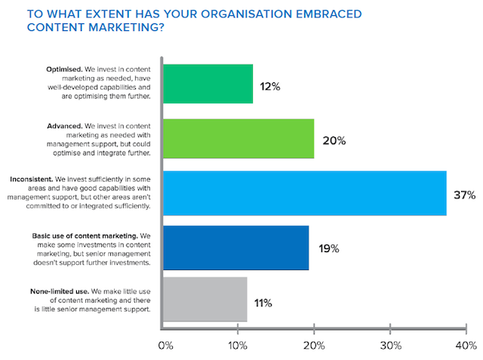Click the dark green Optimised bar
pos(208,84)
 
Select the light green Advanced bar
pos(238,139)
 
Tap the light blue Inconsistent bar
pos(304,193)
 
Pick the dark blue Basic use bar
pos(235,248)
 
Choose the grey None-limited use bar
pos(205,300)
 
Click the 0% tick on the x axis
pos(165,346)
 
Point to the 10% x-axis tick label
pos(238,346)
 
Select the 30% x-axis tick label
pos(389,346)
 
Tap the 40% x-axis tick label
pos(465,346)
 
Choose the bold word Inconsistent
pos(34,178)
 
